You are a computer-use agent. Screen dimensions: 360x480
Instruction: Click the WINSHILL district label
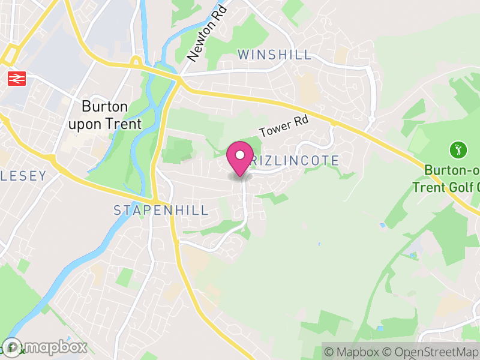click(x=275, y=55)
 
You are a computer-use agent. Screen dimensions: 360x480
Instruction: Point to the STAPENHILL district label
click(x=161, y=210)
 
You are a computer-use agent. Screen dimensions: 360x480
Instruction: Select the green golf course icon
click(x=458, y=149)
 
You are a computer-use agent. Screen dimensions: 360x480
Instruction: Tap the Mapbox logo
click(x=45, y=347)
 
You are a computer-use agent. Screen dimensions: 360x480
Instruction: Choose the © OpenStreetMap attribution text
click(x=431, y=352)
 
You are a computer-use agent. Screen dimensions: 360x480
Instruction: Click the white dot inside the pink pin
click(x=240, y=155)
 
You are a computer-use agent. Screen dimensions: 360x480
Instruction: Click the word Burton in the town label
click(x=105, y=107)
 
